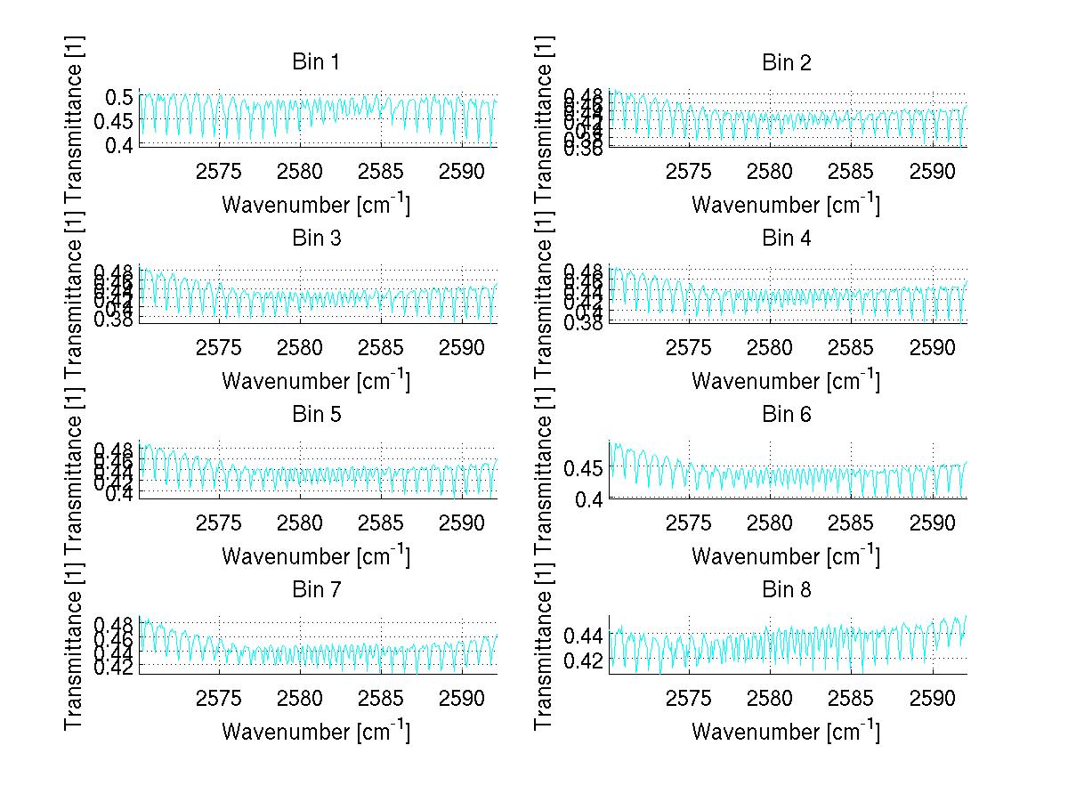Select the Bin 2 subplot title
point(787,62)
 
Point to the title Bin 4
point(787,238)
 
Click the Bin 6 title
point(787,414)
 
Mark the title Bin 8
point(787,589)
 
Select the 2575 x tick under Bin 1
point(219,171)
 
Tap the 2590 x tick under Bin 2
point(933,171)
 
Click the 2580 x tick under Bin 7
point(301,698)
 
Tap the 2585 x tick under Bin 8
point(851,698)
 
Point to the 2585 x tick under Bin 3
point(381,346)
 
